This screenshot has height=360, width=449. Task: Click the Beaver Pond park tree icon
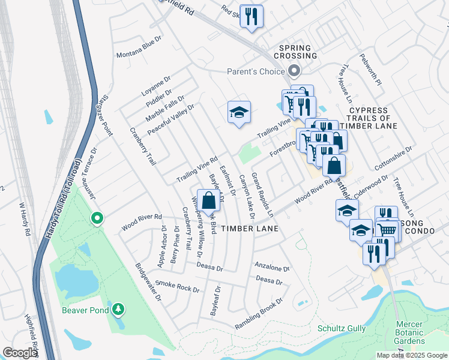pos(119,309)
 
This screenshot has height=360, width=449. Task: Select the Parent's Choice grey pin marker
pos(294,71)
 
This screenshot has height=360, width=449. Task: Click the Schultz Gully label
pos(340,329)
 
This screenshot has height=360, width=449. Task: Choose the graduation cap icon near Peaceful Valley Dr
pos(239,112)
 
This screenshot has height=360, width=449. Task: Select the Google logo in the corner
pos(20,353)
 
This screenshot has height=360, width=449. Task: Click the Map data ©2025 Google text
pos(411,355)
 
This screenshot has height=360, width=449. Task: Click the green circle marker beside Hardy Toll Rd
pos(96,218)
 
